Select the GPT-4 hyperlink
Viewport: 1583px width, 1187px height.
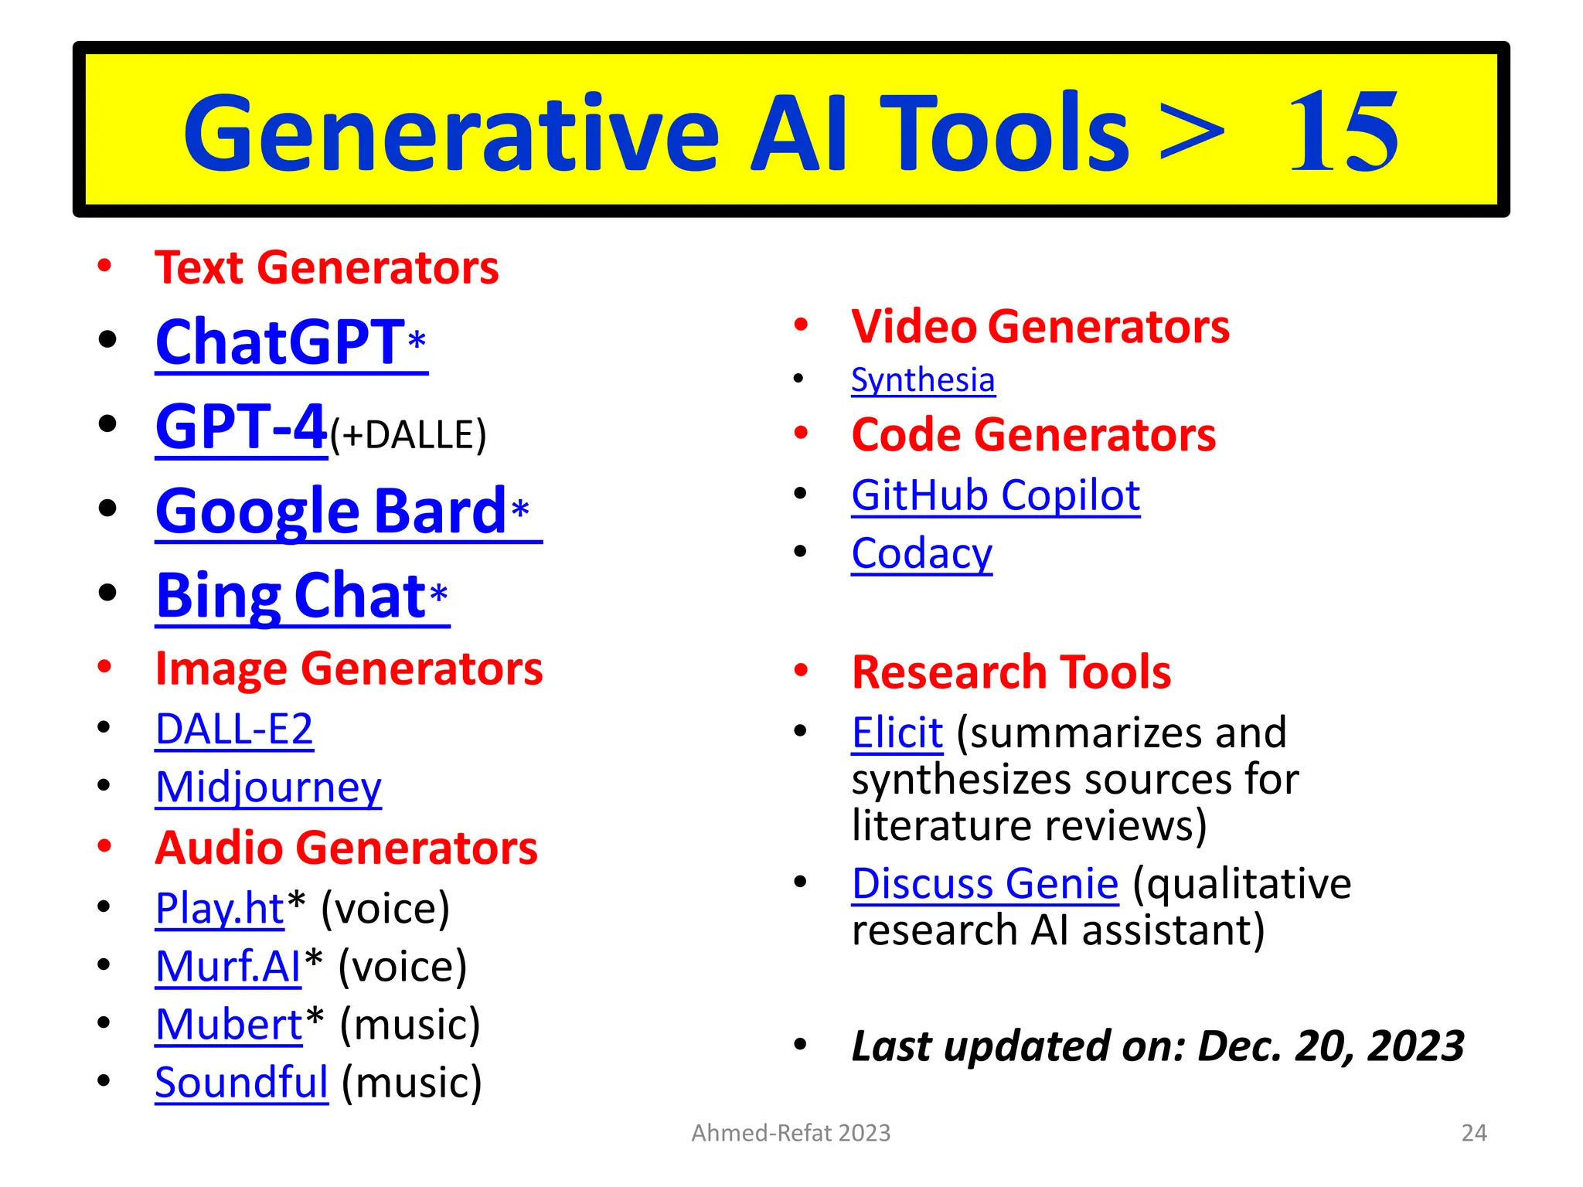click(240, 427)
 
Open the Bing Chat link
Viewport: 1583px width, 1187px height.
click(291, 596)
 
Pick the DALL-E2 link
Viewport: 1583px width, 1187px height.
click(234, 729)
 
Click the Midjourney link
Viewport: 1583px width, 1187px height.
click(268, 787)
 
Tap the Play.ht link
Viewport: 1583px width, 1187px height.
click(220, 908)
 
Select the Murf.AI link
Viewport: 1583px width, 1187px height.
click(227, 966)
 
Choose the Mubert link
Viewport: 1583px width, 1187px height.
click(228, 1025)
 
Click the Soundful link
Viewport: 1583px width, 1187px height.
click(241, 1083)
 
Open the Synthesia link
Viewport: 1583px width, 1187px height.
click(923, 380)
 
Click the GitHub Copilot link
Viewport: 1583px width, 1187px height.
click(996, 495)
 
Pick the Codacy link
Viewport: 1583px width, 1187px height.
click(921, 553)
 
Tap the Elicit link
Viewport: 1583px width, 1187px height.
click(897, 733)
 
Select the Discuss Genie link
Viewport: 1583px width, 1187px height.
click(985, 883)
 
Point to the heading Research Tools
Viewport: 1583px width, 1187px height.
click(1011, 672)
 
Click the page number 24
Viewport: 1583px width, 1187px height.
click(1474, 1133)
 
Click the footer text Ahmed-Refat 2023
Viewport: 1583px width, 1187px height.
click(791, 1133)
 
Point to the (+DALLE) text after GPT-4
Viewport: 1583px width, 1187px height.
click(408, 435)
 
